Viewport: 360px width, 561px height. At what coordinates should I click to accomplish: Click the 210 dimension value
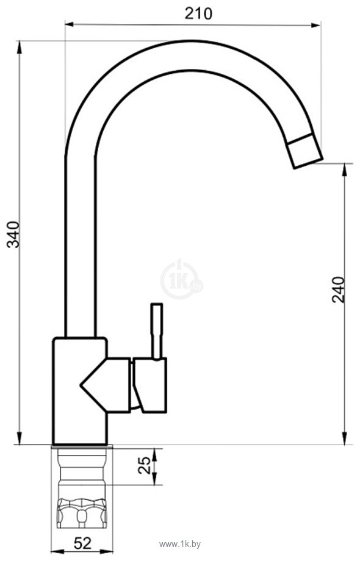pos(198,13)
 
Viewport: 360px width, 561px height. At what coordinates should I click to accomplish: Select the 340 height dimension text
pos(14,235)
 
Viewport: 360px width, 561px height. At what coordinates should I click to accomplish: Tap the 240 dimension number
pos(338,290)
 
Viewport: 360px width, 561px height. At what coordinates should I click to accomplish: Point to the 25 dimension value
pos(145,465)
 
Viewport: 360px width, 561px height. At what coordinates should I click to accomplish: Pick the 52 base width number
pos(83,544)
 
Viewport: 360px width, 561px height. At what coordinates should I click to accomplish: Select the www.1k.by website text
pos(180,545)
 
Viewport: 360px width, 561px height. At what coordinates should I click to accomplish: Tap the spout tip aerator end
pos(306,152)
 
